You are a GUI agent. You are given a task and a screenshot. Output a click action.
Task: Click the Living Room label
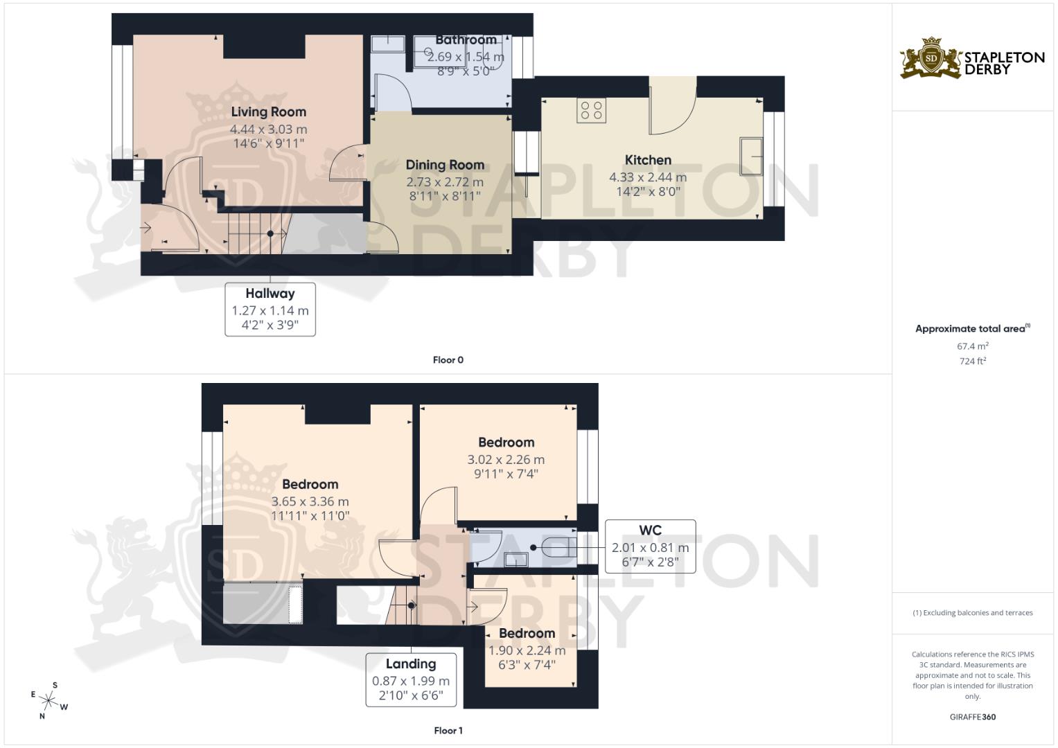click(268, 112)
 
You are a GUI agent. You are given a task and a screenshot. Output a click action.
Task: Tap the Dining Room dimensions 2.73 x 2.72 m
click(445, 181)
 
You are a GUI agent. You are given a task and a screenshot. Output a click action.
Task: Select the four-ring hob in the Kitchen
click(591, 111)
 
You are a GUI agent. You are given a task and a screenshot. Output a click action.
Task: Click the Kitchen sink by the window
click(751, 156)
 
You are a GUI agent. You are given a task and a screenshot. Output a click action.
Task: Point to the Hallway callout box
click(270, 310)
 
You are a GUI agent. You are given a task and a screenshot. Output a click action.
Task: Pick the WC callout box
click(651, 546)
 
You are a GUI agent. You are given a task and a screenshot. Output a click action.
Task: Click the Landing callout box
click(411, 680)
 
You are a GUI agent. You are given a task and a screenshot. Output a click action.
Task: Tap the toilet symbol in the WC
click(559, 548)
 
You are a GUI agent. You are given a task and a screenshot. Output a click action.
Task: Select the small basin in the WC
click(515, 560)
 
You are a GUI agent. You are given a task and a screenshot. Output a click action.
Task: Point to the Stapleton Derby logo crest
click(931, 58)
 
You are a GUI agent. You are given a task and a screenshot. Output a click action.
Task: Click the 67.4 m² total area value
click(973, 346)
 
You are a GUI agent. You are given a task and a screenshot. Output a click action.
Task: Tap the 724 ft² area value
click(973, 362)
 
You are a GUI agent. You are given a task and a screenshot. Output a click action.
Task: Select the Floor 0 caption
click(448, 360)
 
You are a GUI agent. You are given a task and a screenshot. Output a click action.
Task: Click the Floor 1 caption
click(448, 731)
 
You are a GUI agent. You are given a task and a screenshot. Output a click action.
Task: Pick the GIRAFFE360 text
click(973, 717)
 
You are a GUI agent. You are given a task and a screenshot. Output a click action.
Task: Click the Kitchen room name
click(648, 160)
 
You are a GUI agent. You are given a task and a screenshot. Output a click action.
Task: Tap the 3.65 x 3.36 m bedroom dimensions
click(310, 501)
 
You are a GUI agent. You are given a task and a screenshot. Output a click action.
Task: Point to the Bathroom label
click(466, 40)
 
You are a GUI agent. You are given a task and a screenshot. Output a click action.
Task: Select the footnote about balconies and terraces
click(973, 613)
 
